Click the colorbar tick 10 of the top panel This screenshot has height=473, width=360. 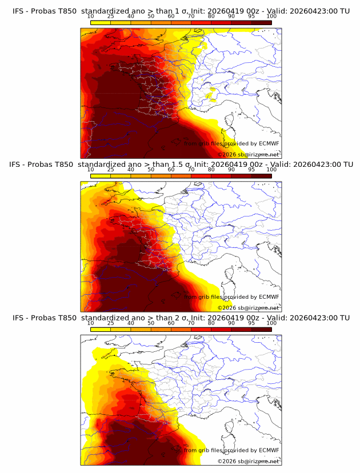tap(91, 16)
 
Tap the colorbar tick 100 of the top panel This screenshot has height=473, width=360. tap(271, 16)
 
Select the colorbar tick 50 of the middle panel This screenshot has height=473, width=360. tap(151, 170)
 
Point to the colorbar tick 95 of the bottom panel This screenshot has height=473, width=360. tap(251, 323)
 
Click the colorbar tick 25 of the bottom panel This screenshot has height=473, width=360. tap(111, 323)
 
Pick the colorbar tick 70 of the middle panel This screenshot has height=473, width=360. tap(191, 170)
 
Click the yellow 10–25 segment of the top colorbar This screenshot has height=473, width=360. tap(101, 22)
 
